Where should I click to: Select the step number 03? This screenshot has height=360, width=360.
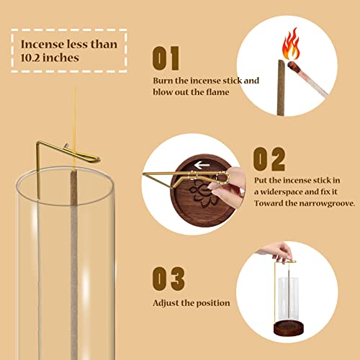click(168, 278)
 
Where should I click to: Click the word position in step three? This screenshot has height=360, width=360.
click(212, 303)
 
